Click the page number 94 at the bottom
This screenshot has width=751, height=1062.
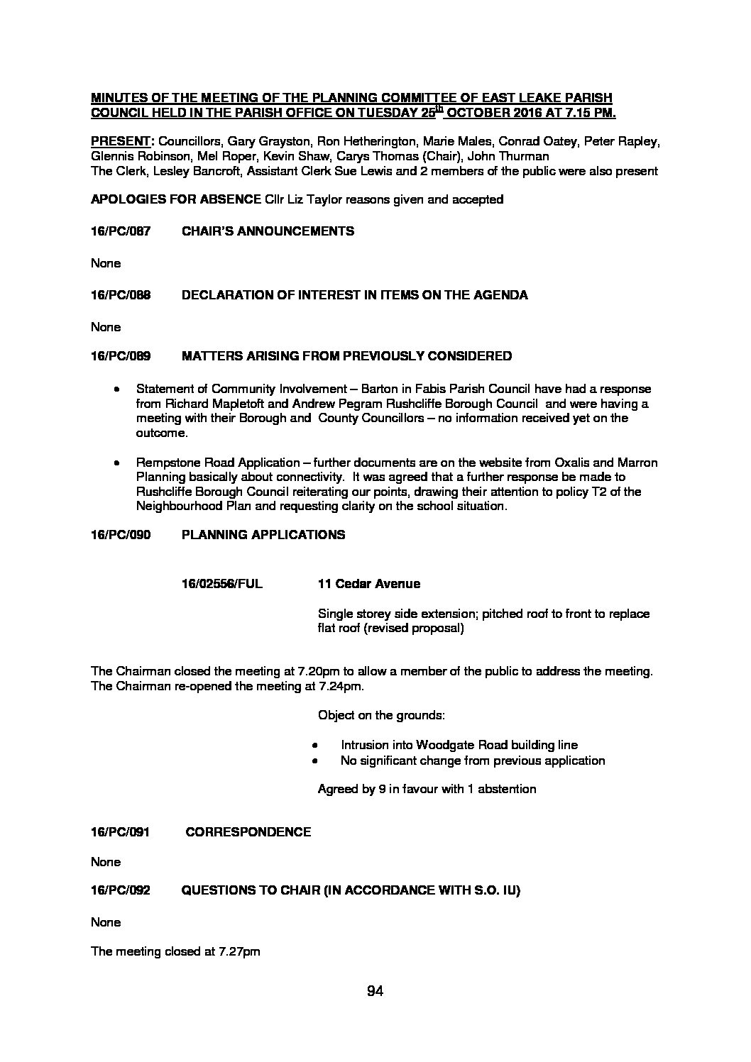(x=375, y=992)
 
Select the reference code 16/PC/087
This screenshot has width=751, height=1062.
(x=121, y=231)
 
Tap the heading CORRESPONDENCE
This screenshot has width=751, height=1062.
(x=248, y=832)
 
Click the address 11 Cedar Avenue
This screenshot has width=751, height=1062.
(x=368, y=584)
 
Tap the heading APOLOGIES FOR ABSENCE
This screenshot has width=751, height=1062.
(x=175, y=199)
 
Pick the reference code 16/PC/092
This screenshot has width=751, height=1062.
(x=121, y=891)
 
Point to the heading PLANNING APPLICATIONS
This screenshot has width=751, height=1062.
(x=263, y=534)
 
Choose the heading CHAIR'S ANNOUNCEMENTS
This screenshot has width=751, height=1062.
(x=268, y=231)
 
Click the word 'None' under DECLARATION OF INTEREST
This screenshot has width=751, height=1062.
(x=106, y=327)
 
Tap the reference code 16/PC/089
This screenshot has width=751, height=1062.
(x=121, y=355)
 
